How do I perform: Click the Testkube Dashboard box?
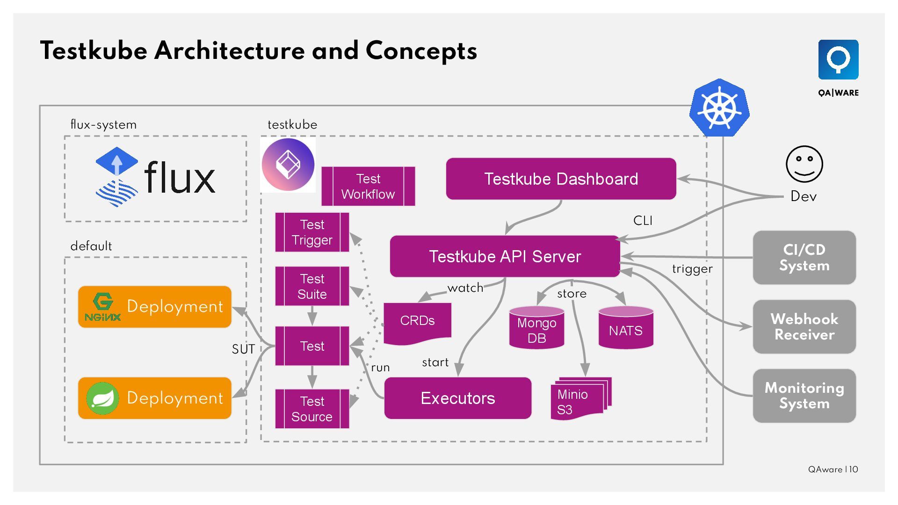(561, 179)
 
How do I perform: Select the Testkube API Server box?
(505, 256)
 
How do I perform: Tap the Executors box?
(457, 398)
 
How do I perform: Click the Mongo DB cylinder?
(536, 329)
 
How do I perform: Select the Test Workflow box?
(368, 186)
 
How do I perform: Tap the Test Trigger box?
(312, 232)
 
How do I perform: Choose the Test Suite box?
(312, 286)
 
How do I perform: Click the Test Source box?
(312, 409)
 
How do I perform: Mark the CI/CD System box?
(804, 257)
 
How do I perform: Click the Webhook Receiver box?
(804, 326)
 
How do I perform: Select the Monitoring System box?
(804, 396)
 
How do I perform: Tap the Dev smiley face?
(804, 164)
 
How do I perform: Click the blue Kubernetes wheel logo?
(719, 108)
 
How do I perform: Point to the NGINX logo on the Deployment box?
(103, 307)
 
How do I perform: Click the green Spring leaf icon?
(102, 398)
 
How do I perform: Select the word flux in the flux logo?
(180, 178)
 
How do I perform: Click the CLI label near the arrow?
(643, 221)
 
